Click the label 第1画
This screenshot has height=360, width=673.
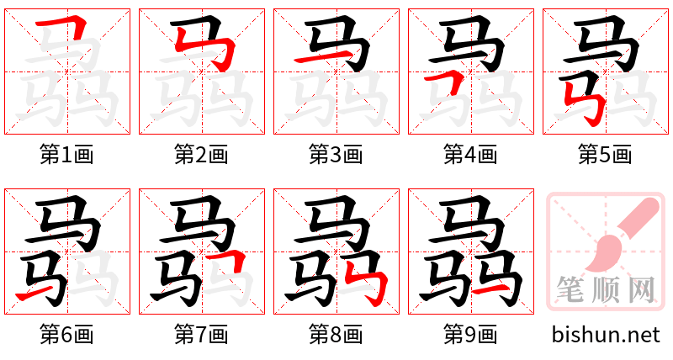pyautogui.click(x=66, y=155)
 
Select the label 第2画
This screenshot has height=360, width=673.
pyautogui.click(x=201, y=155)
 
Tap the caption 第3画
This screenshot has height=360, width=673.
pyautogui.click(x=336, y=155)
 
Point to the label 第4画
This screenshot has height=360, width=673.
pyautogui.click(x=470, y=155)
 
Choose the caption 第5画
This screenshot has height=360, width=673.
pyautogui.click(x=605, y=155)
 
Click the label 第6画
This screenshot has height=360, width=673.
pyautogui.click(x=66, y=335)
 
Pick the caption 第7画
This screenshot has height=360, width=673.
pyautogui.click(x=201, y=335)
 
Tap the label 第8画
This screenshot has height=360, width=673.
pyautogui.click(x=336, y=335)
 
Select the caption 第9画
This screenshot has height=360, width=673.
pyautogui.click(x=470, y=335)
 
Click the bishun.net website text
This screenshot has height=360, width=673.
pyautogui.click(x=606, y=335)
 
